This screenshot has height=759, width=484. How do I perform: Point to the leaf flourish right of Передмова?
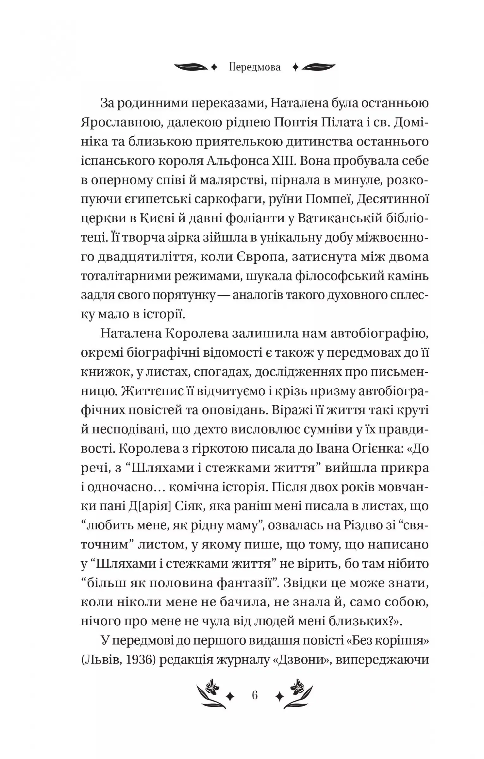(x=319, y=67)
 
